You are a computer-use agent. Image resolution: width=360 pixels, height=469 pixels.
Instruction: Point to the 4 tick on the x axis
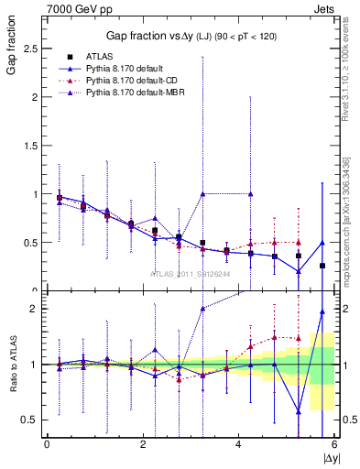[239, 444]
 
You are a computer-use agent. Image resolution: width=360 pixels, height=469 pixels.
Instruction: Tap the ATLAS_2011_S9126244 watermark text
[191, 272]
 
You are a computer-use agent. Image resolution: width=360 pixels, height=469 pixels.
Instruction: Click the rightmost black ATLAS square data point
[322, 266]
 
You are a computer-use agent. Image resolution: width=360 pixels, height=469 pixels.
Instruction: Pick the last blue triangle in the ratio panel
[322, 311]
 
